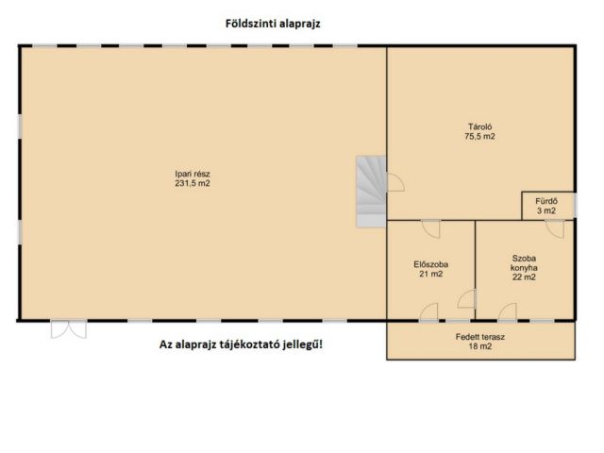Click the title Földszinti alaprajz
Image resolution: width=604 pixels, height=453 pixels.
[273, 24]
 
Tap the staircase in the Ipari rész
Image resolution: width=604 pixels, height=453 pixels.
[371, 192]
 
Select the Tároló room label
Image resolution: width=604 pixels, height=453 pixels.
[479, 126]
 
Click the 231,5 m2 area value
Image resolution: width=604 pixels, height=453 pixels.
[193, 183]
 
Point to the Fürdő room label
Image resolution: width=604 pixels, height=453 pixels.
[546, 201]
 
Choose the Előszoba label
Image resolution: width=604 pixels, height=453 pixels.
[430, 264]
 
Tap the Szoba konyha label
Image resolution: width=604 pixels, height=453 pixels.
[524, 263]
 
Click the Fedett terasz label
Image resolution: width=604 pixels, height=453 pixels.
[480, 337]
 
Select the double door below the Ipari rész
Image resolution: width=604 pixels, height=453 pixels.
[69, 329]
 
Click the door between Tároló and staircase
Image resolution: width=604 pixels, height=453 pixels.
[396, 182]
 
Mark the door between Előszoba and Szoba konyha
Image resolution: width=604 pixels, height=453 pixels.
[467, 299]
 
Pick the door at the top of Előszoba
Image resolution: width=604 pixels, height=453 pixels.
[431, 228]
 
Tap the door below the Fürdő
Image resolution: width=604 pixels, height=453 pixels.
[555, 228]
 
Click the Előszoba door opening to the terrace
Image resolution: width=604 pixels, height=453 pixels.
[428, 312]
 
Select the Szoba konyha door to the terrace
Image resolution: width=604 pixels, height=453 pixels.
[508, 312]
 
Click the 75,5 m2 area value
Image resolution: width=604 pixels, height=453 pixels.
[479, 136]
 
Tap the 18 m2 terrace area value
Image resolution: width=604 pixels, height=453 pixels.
[480, 346]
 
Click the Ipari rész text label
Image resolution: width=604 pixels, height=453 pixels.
[193, 174]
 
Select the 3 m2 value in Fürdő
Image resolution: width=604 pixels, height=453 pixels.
[546, 210]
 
